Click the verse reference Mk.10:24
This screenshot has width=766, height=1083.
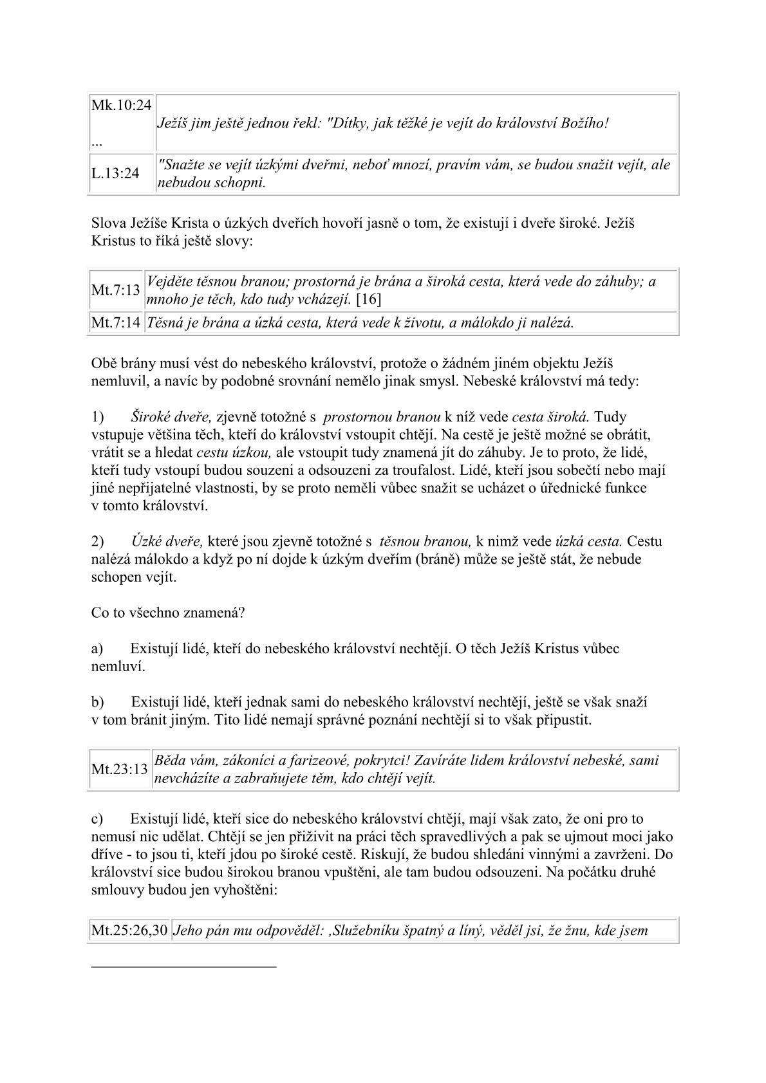coord(122,106)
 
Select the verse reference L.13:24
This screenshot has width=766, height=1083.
coord(115,174)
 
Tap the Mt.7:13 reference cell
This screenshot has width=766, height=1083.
coord(116,290)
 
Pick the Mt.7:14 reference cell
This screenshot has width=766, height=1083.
coord(116,323)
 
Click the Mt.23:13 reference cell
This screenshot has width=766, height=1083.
coord(120,769)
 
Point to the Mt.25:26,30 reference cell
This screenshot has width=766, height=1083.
coord(129,930)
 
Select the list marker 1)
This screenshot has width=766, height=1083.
coord(97,417)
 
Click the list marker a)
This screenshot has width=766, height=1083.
coord(97,649)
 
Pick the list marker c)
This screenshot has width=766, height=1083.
coord(97,819)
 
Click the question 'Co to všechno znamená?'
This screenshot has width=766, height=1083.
coord(167,612)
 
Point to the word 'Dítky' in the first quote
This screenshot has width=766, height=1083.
coord(346,124)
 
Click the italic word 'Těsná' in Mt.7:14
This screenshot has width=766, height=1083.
coord(165,323)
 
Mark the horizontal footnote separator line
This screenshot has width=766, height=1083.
coord(183,967)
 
